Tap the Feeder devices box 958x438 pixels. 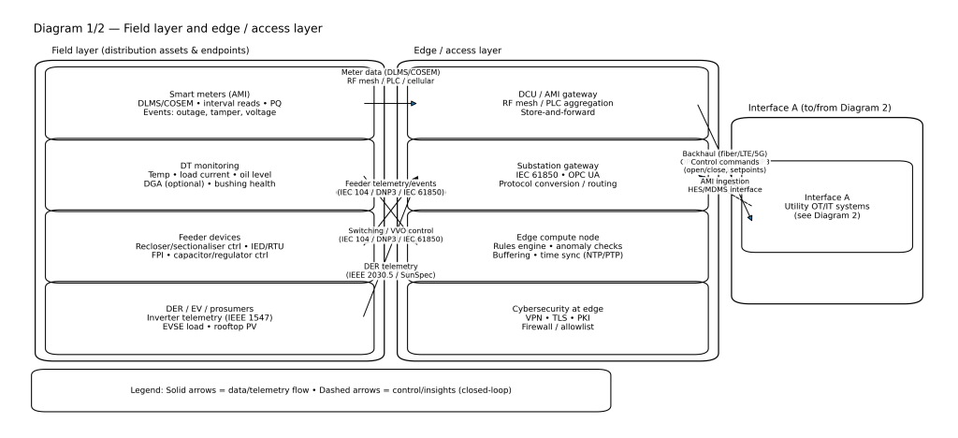[210, 246]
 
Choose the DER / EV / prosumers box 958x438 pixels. [210, 318]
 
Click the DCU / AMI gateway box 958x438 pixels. [558, 103]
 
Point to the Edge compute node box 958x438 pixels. [558, 246]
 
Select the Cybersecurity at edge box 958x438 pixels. [558, 318]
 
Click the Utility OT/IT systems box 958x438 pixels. [827, 207]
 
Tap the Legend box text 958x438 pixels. [320, 389]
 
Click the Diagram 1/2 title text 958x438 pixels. [177, 29]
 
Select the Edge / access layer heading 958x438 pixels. [457, 50]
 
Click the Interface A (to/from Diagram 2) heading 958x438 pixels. [820, 108]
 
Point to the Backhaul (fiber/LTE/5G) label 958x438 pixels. [725, 152]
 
